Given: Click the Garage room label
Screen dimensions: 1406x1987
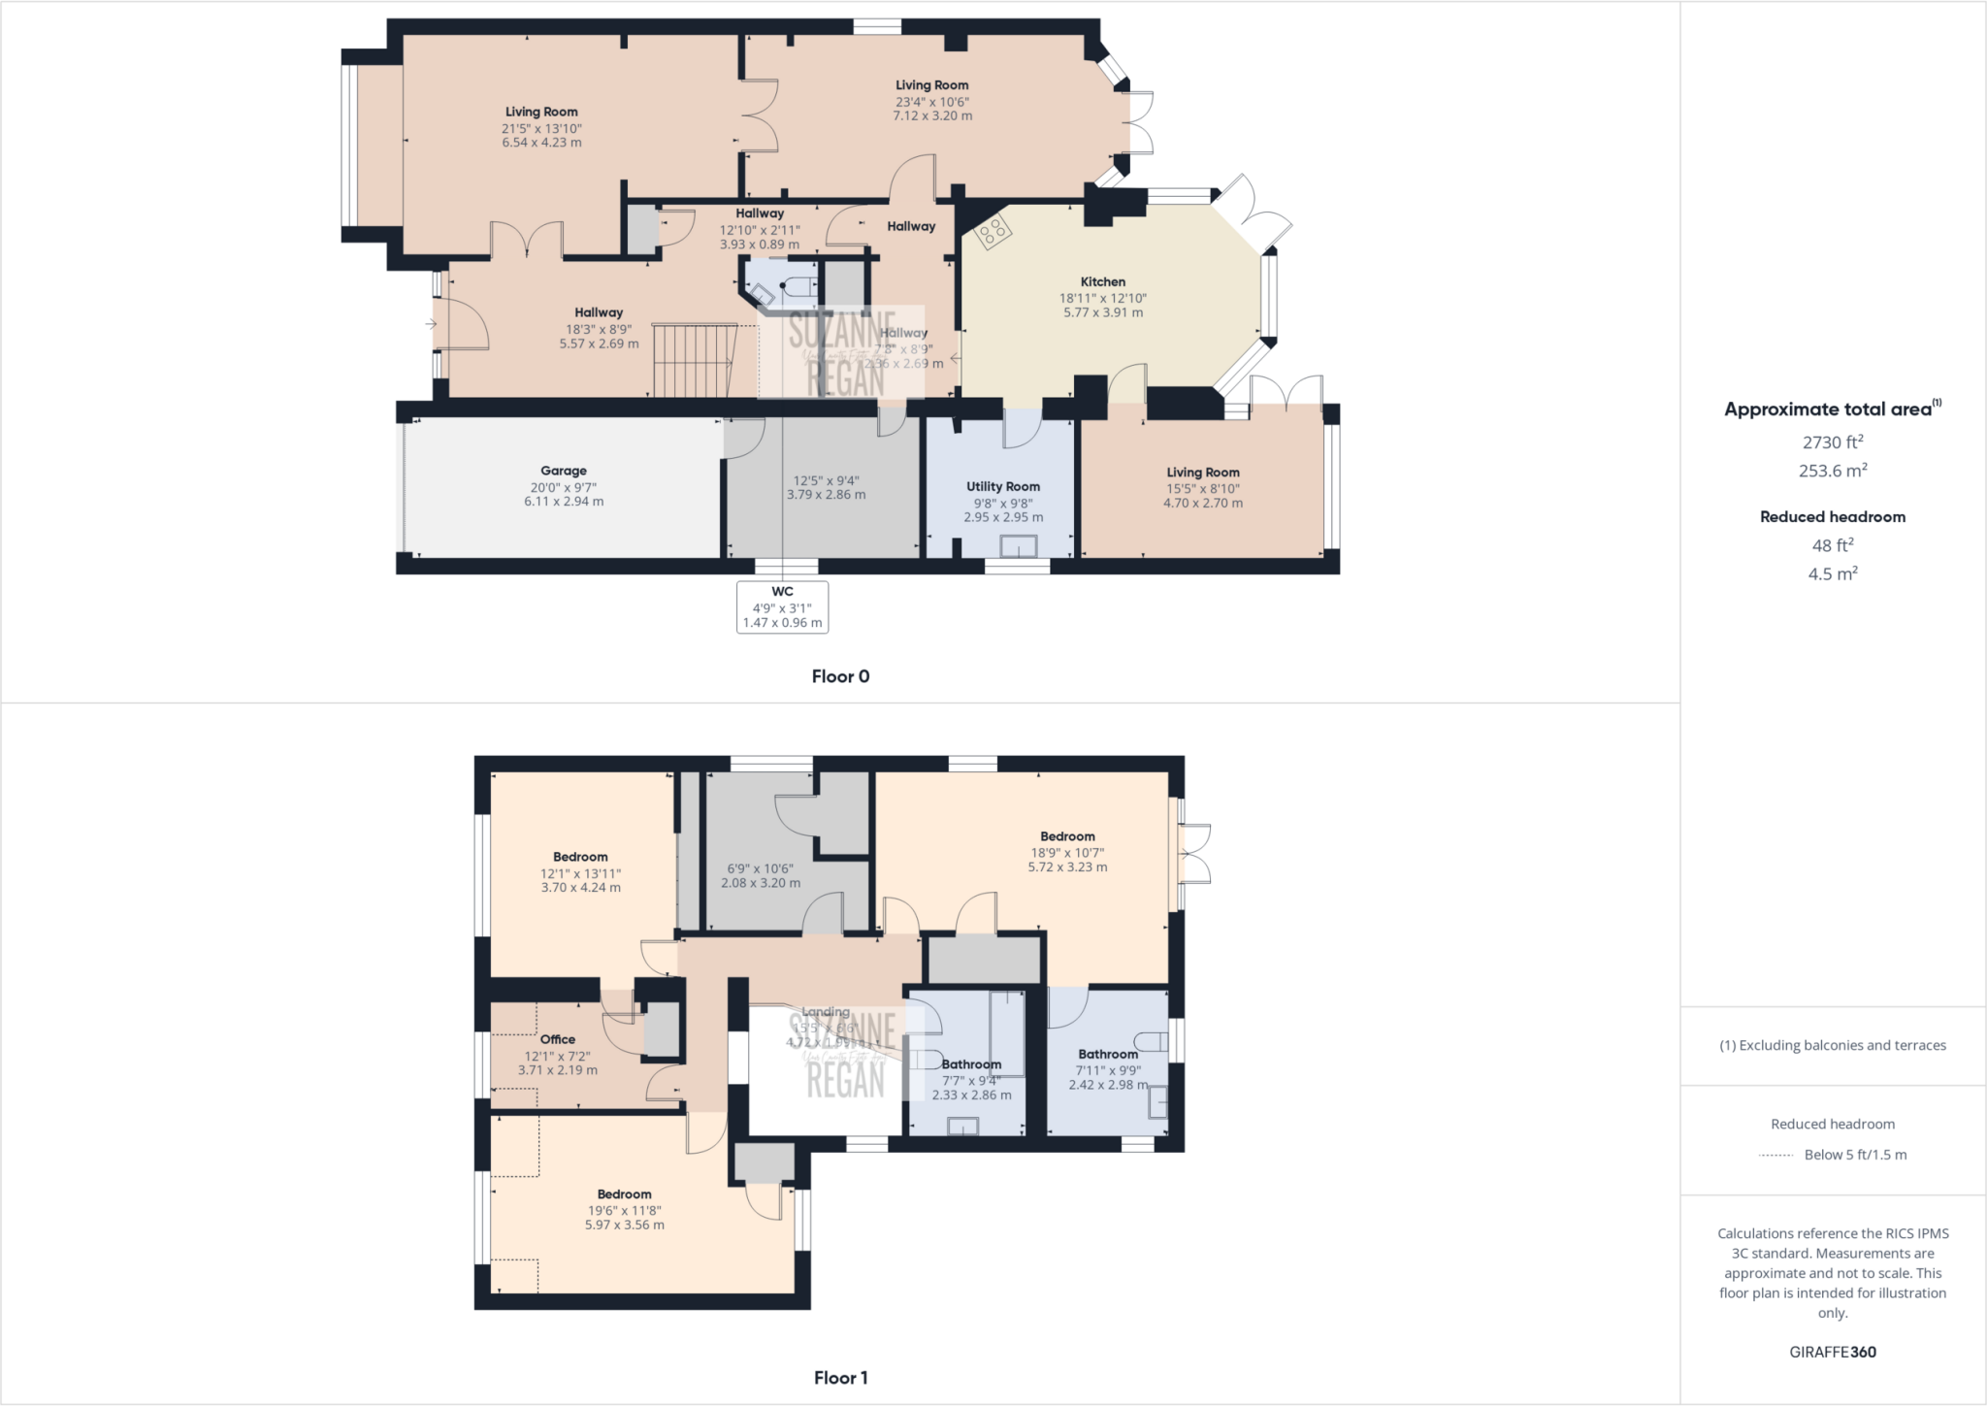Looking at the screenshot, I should pos(564,471).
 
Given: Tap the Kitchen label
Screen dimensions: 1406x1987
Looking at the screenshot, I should pos(1103,281).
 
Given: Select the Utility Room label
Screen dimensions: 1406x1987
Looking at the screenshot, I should pos(1003,486).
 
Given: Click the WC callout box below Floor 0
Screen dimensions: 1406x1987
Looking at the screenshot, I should pos(782,606).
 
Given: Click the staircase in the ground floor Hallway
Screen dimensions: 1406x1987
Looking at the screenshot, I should pos(694,360).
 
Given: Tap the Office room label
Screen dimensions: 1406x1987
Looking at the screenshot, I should pos(558,1039).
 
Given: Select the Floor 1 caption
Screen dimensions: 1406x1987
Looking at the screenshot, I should pos(840,1377).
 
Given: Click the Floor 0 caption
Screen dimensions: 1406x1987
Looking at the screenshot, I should pos(840,676).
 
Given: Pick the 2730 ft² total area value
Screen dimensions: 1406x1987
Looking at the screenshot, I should pos(1833,442).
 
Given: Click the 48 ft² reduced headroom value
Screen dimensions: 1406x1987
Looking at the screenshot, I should pos(1833,545).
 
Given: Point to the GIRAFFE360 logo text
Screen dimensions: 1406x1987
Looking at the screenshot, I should pos(1833,1352).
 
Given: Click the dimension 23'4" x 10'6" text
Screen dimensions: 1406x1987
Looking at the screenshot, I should pos(932,101).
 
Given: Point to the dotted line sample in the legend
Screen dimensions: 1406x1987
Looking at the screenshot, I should pos(1775,1155).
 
